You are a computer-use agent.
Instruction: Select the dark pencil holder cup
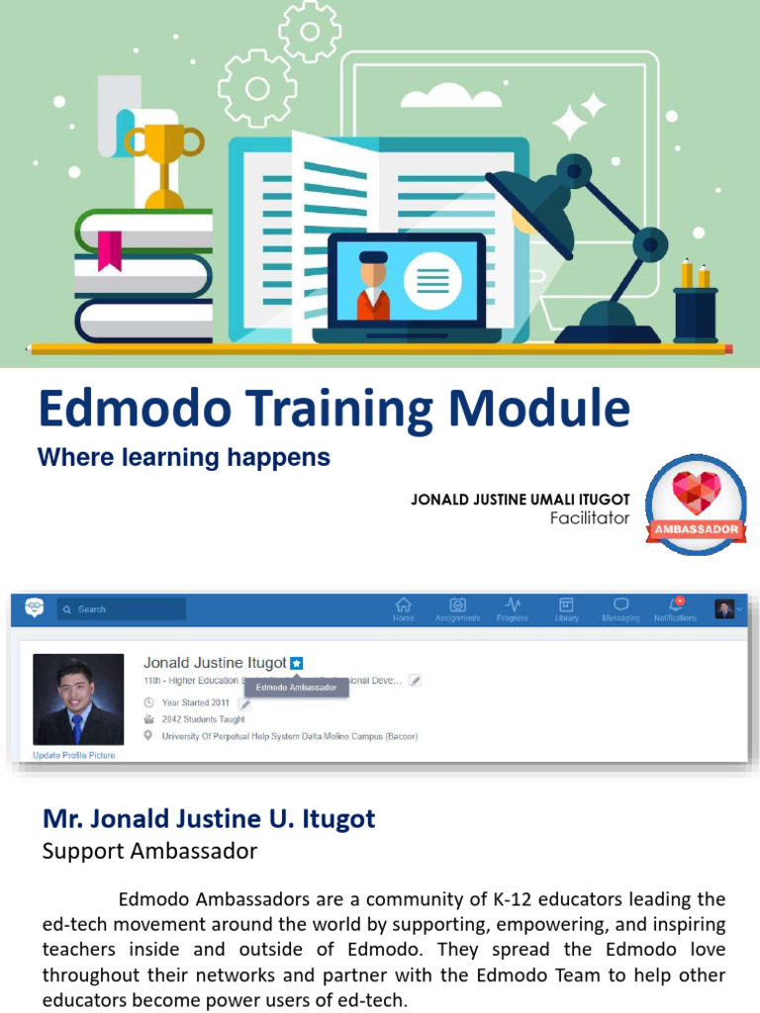[695, 314]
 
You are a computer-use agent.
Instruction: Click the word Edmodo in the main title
[135, 408]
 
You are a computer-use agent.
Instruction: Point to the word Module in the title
[542, 408]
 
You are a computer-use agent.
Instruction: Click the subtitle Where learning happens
[184, 458]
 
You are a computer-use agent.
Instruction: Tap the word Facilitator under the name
[590, 517]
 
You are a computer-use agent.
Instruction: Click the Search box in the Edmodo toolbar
[121, 609]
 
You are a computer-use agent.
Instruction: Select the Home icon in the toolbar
[403, 604]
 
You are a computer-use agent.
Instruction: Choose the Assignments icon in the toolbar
[457, 604]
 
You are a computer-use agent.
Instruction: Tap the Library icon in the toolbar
[566, 604]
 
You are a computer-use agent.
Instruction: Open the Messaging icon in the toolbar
[620, 604]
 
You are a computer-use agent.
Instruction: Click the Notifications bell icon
[676, 604]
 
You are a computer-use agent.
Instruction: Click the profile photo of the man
[78, 698]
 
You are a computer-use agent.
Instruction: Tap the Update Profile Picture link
[74, 755]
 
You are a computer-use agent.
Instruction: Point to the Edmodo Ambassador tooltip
[297, 687]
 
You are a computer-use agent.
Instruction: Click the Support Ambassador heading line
[149, 851]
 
